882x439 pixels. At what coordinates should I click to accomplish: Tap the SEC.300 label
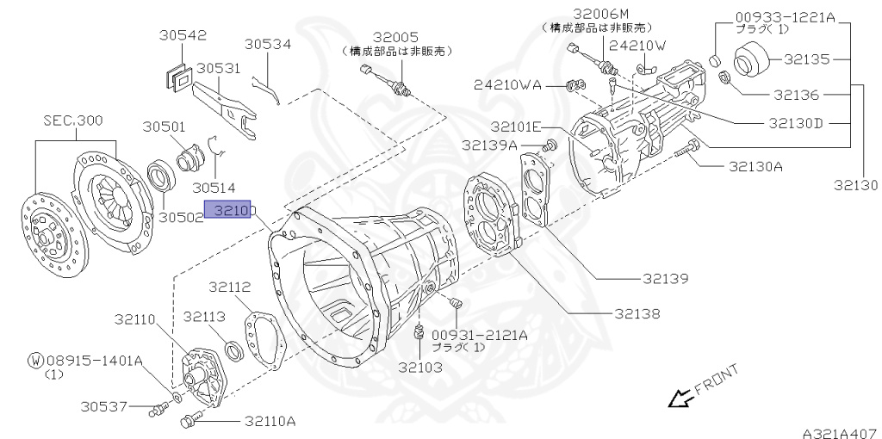click(x=74, y=121)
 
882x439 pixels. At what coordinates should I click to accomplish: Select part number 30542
click(x=183, y=35)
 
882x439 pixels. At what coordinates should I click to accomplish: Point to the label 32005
click(x=395, y=37)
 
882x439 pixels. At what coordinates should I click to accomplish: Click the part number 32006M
click(x=601, y=13)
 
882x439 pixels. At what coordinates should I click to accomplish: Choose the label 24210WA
click(x=507, y=84)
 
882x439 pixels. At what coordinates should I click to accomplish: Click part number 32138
click(x=637, y=313)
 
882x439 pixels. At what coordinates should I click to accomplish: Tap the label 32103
click(x=420, y=367)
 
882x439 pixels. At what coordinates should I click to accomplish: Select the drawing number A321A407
click(x=840, y=428)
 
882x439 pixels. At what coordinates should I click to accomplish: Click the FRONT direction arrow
click(x=681, y=398)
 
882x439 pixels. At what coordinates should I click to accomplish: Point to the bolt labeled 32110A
click(x=189, y=421)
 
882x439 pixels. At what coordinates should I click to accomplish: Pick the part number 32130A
click(x=755, y=166)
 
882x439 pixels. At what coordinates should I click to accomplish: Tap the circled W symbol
click(x=35, y=360)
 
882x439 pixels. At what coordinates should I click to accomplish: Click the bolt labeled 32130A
click(x=687, y=152)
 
